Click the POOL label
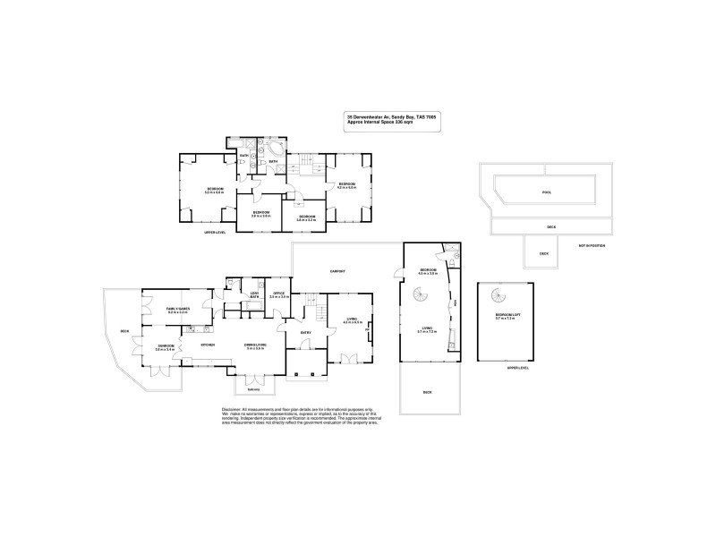(x=547, y=192)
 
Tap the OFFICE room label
(x=279, y=294)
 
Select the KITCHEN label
(x=207, y=345)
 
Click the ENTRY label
(x=305, y=333)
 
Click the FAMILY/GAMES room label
(x=176, y=309)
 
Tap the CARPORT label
(x=337, y=270)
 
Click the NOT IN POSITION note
(x=592, y=244)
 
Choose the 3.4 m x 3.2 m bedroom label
(x=306, y=217)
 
